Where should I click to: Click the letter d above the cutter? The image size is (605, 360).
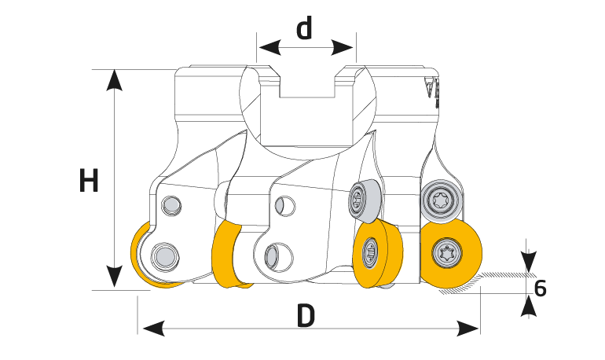click(305, 28)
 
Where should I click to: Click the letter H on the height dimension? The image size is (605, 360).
click(90, 181)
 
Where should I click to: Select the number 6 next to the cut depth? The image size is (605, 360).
click(540, 288)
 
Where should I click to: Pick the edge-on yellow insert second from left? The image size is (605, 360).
click(228, 254)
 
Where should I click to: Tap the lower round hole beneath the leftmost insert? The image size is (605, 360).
click(164, 255)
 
